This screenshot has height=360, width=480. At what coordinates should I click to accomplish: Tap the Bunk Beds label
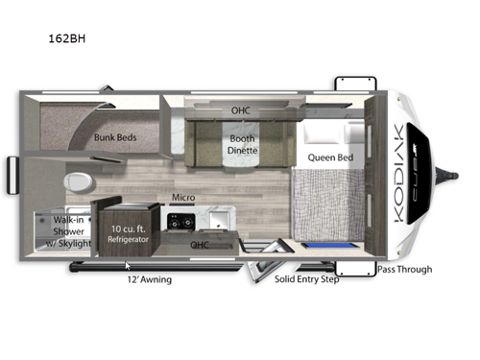115,137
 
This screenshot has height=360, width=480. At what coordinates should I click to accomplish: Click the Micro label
183,198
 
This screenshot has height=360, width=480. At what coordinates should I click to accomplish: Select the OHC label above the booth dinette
240,110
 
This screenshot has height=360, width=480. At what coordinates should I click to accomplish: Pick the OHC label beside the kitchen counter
200,244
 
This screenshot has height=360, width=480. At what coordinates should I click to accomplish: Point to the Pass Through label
403,270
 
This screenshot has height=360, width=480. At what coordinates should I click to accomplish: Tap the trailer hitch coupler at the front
448,174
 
